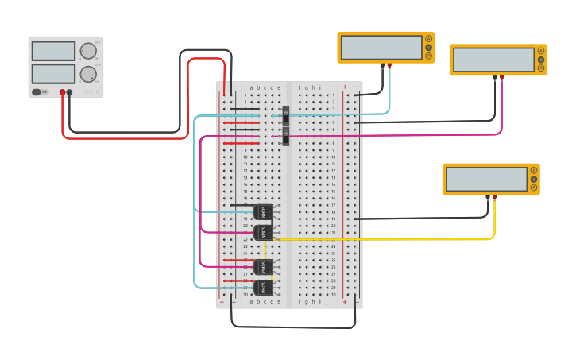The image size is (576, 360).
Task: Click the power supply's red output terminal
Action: tap(62, 92)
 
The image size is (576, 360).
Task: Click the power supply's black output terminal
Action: tap(70, 92)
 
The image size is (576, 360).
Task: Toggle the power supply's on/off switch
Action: tap(37, 92)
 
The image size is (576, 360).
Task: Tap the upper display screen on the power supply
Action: tap(53, 51)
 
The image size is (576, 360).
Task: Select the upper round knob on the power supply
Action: tap(87, 52)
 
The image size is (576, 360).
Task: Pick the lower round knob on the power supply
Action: tap(87, 75)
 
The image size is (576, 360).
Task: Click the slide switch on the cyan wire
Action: tap(286, 115)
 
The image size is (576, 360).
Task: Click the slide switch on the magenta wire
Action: tap(286, 137)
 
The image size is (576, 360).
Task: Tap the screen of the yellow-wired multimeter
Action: tap(486, 179)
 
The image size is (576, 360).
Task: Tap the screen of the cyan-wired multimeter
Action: tap(381, 48)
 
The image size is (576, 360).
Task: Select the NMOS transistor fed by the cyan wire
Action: tap(262, 212)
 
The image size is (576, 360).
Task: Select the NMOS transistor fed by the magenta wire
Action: tap(262, 232)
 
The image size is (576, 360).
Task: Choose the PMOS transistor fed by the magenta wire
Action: tap(262, 267)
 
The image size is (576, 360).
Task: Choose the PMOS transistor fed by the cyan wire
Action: tap(262, 288)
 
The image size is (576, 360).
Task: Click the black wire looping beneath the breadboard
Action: tap(294, 327)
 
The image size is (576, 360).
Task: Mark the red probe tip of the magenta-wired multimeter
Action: tap(501, 78)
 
